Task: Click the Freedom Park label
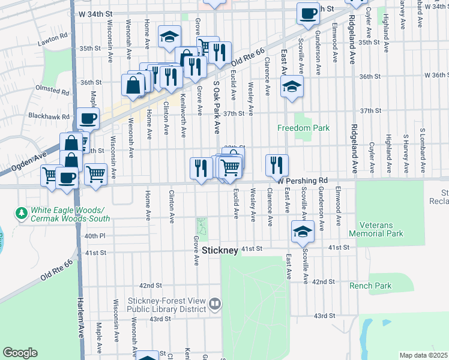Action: (x=304, y=128)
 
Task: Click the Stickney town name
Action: (x=221, y=250)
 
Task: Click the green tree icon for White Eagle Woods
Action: (x=22, y=213)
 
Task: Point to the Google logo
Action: (x=20, y=353)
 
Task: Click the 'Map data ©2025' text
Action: (x=424, y=355)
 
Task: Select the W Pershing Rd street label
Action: (x=303, y=180)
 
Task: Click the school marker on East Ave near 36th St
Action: (x=292, y=88)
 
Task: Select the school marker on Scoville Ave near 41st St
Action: (x=303, y=230)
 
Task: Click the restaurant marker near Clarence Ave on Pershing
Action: (x=277, y=164)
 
